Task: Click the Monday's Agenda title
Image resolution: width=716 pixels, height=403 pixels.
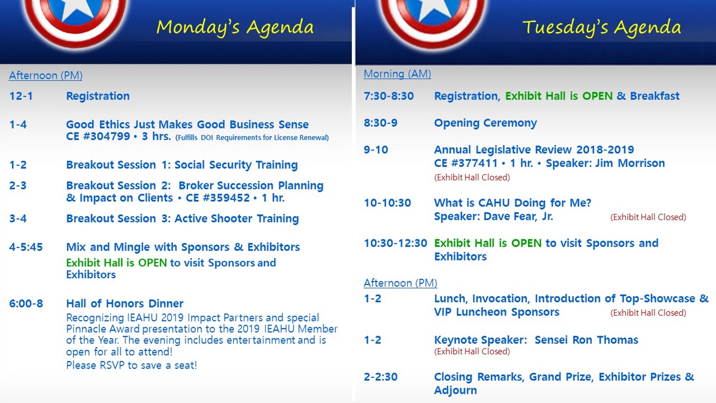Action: point(235,27)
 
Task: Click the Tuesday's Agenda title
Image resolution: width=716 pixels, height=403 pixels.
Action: point(601,27)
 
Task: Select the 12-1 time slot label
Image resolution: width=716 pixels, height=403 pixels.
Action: point(21,96)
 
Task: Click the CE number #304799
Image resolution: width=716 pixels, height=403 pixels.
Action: point(107,136)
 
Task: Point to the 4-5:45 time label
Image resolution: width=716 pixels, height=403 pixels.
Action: point(26,247)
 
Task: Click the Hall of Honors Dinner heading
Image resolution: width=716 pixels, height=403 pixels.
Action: point(125,304)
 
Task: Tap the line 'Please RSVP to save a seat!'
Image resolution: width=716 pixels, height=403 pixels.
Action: point(132,365)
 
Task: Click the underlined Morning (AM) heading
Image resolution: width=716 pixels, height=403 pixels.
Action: point(397,74)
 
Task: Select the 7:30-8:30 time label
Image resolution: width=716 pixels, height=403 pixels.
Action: point(389,96)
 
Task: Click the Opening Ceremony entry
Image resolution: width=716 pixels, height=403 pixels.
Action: point(485,123)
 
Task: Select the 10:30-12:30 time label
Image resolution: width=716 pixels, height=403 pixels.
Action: point(395,243)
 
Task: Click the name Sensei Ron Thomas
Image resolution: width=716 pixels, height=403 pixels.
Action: point(586,340)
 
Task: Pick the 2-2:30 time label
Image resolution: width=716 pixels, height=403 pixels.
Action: point(381,377)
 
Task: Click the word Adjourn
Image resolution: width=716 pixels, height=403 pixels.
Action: point(455,390)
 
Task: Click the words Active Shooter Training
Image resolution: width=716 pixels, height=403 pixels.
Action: point(237,218)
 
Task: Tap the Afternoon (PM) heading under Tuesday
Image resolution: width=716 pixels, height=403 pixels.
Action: point(401,283)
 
